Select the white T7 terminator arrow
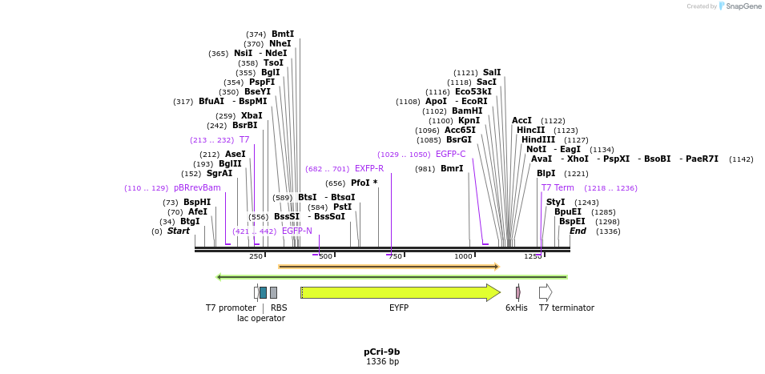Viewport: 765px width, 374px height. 545,292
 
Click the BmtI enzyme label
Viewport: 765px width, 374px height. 282,34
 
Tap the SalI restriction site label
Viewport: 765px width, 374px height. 491,72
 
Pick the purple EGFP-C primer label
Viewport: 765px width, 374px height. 450,155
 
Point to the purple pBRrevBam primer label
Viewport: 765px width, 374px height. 197,188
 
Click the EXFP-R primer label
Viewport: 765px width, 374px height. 369,169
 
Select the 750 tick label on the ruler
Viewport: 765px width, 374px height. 395,256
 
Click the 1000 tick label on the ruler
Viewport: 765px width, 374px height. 463,256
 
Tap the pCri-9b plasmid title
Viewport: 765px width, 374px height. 381,352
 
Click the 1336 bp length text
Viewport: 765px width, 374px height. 382,362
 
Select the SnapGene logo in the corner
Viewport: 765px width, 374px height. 737,6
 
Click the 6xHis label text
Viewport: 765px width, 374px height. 516,308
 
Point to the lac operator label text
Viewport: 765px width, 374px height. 260,318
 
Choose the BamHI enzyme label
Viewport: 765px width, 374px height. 467,111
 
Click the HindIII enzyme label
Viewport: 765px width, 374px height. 538,139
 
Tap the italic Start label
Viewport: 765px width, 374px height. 178,231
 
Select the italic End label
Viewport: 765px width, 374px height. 578,231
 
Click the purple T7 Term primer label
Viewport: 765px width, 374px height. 558,188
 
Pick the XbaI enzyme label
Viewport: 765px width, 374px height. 251,116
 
